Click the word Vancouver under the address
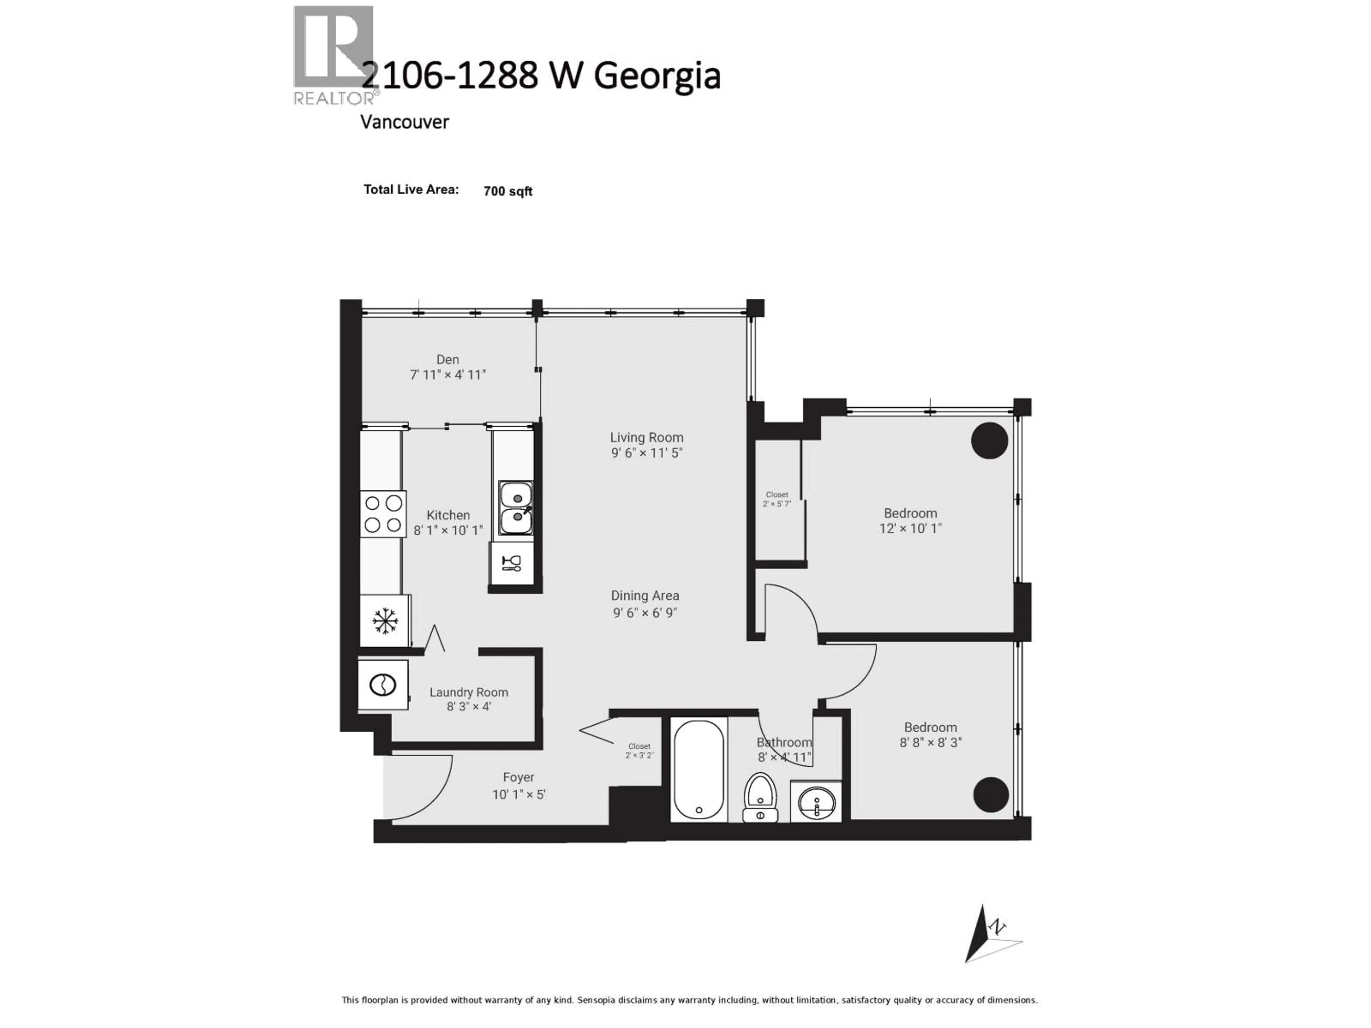(x=404, y=122)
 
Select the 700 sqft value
(x=508, y=191)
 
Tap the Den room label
(x=447, y=359)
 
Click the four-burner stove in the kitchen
(x=383, y=514)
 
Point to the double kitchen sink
(x=516, y=508)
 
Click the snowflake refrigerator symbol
(x=384, y=621)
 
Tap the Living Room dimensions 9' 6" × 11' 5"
(x=647, y=453)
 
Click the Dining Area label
(x=644, y=595)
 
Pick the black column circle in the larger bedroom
(x=989, y=440)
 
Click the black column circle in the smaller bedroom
(x=990, y=795)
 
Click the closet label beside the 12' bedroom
(x=777, y=499)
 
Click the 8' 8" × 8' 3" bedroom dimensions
(x=930, y=742)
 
